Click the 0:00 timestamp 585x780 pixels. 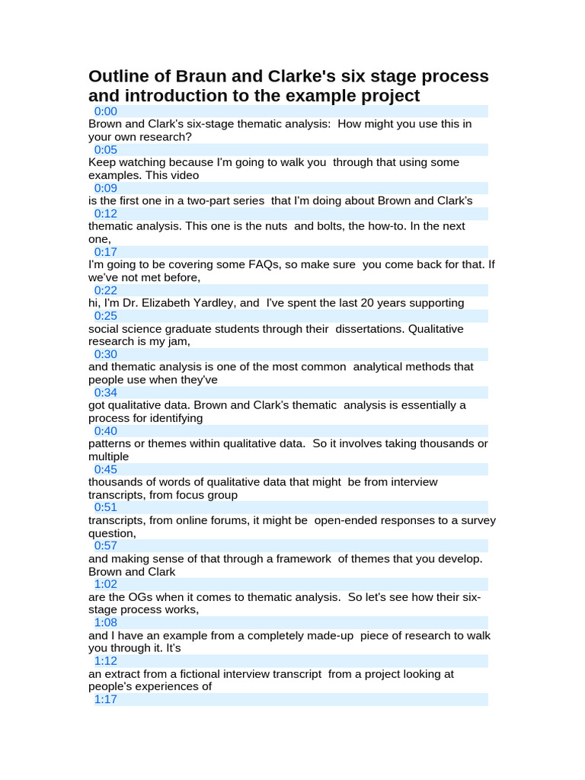106,111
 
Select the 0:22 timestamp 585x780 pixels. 106,290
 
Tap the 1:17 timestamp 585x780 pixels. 106,699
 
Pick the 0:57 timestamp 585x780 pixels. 106,545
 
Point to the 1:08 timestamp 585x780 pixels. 106,622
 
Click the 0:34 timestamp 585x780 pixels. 106,392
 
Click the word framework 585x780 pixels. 295,558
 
